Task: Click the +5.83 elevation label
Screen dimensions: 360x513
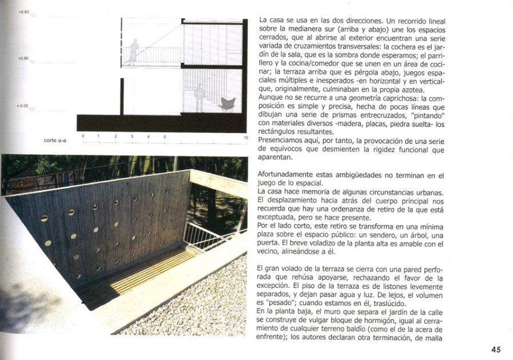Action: tap(23, 11)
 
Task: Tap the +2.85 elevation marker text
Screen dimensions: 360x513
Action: tap(23, 58)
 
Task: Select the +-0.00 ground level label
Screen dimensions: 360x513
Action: tap(23, 106)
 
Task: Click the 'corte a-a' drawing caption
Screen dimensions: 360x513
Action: tap(55, 140)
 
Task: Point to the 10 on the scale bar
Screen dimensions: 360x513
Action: tap(246, 137)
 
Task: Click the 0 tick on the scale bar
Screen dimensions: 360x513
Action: tap(83, 137)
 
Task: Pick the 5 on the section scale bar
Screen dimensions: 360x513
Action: tap(165, 137)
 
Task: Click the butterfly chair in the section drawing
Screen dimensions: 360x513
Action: tap(226, 104)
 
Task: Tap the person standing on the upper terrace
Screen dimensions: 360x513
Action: tap(134, 50)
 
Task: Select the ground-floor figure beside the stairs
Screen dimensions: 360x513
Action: tap(199, 97)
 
